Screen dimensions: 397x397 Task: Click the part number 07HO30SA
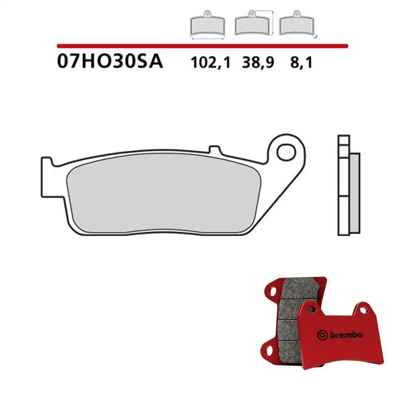point(110,64)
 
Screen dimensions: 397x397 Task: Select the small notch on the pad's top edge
point(215,149)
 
